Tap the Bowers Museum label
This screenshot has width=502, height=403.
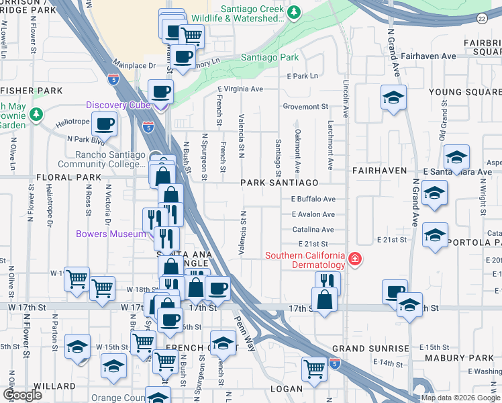pos(111,234)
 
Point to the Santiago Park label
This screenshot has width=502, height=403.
pos(270,58)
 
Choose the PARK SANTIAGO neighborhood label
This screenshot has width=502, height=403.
pos(279,183)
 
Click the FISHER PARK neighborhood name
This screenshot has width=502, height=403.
pos(32,91)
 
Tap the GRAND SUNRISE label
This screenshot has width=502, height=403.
pos(370,349)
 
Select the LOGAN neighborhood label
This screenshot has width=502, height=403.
pos(287,389)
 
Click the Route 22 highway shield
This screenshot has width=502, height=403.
pos(482,19)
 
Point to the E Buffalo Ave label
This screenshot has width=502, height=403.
pos(313,199)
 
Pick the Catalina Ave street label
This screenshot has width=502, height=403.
pos(313,230)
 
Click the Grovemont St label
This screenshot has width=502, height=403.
pos(305,106)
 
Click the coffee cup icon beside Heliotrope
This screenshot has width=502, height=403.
pos(105,123)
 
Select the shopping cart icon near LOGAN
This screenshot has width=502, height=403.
pos(313,368)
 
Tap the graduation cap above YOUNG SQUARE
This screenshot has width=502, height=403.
pos(393,97)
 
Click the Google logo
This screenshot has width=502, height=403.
pos(23,395)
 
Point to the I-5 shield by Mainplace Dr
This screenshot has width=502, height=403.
pos(112,79)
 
